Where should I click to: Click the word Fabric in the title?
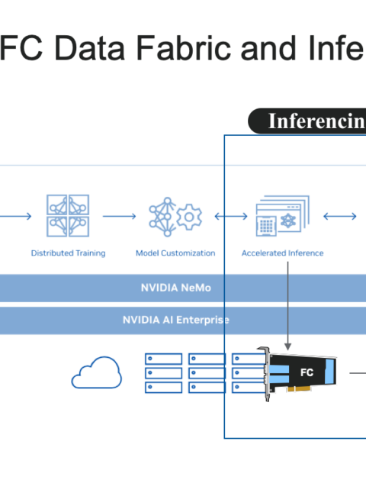(x=184, y=48)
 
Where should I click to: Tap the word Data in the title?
(x=90, y=48)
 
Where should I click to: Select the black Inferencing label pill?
(x=307, y=121)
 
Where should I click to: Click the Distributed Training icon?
(x=68, y=216)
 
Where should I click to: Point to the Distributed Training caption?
(x=69, y=253)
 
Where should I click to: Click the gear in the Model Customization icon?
(x=189, y=217)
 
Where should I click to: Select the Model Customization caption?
(x=175, y=253)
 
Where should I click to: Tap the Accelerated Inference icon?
(x=283, y=216)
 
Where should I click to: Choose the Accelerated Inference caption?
(x=283, y=253)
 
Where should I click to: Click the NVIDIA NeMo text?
(x=175, y=288)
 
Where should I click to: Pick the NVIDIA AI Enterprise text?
(x=175, y=320)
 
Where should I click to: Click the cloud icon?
(x=97, y=372)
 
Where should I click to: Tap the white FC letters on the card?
(x=307, y=372)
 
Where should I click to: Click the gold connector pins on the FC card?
(x=298, y=388)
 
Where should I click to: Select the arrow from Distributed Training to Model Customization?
(x=120, y=216)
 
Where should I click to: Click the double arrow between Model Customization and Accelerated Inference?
(x=231, y=216)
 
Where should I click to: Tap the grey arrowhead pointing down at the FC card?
(x=287, y=346)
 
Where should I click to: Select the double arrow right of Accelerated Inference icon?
(x=340, y=216)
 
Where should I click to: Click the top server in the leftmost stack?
(x=164, y=359)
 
